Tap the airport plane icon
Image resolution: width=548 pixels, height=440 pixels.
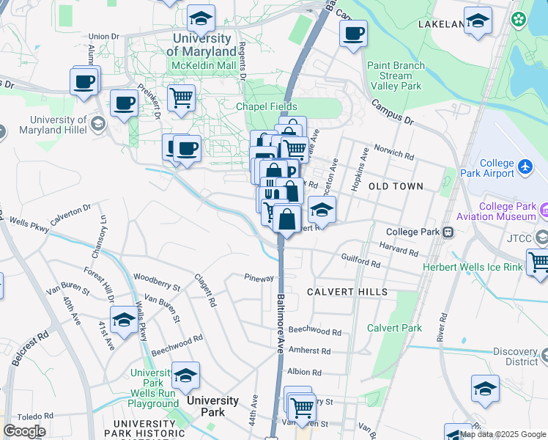click(x=525, y=168)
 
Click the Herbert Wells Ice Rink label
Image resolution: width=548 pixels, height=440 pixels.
click(x=473, y=267)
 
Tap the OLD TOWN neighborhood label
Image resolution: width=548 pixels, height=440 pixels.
click(x=396, y=186)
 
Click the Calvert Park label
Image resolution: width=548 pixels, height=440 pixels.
click(x=394, y=328)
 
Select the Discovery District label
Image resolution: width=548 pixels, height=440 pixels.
click(x=515, y=357)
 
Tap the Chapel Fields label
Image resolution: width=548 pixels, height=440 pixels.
click(x=266, y=106)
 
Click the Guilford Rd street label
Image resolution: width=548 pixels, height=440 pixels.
click(x=361, y=260)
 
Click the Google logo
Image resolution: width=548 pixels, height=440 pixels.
click(x=24, y=431)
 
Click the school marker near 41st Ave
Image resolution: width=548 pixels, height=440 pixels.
click(x=124, y=321)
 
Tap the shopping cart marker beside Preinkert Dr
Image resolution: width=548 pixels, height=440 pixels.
click(x=180, y=98)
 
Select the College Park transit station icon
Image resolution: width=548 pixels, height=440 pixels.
click(x=447, y=232)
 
